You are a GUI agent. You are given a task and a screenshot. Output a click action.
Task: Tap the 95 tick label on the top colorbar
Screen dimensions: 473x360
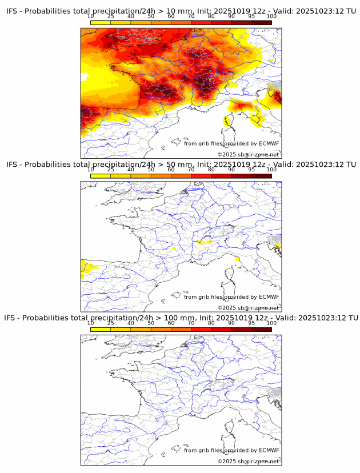coord(251,16)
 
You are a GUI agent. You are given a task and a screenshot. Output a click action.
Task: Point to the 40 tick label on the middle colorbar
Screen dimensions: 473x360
coord(131,170)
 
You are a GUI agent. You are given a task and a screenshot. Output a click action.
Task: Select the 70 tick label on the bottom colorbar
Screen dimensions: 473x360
coord(191,323)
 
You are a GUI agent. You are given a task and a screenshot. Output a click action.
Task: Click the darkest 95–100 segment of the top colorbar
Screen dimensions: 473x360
coord(261,22)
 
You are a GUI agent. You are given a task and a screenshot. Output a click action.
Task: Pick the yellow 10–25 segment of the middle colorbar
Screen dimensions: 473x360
coord(101,177)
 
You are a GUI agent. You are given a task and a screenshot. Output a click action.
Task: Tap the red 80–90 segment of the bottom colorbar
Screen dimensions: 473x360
coord(221,330)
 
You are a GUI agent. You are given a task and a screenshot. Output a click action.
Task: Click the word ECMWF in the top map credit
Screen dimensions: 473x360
coord(269,143)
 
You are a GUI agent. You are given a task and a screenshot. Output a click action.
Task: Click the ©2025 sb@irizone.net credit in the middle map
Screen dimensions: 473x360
coord(248,308)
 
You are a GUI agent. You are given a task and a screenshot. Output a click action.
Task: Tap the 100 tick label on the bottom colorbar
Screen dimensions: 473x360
coord(271,323)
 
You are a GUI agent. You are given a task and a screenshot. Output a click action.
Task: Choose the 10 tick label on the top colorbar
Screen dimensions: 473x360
coord(91,16)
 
